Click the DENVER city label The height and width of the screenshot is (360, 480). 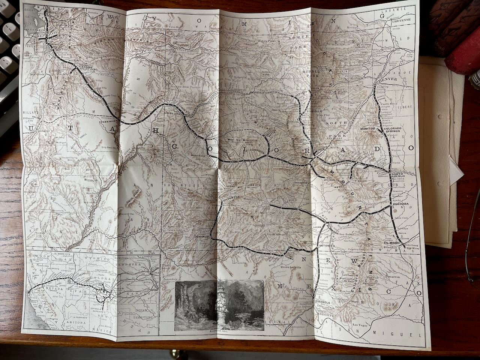point(388,80)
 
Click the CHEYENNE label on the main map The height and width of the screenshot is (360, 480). point(402,20)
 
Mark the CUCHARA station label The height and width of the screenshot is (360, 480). point(400,204)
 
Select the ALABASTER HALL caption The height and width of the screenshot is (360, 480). point(220,333)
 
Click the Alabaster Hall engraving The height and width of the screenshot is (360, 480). point(220,305)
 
